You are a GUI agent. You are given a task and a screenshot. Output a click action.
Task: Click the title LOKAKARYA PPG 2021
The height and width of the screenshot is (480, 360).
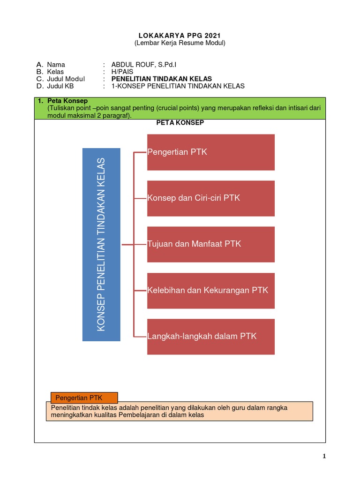180,36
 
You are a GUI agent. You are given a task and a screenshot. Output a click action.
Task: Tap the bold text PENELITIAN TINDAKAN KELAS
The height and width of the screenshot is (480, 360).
162,79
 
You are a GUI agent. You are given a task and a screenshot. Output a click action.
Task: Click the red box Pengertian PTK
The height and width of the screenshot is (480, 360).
210,152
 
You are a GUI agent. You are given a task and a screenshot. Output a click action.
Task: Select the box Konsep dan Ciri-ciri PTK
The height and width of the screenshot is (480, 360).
210,198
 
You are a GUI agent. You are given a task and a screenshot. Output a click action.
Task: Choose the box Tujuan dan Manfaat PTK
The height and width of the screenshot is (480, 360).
210,244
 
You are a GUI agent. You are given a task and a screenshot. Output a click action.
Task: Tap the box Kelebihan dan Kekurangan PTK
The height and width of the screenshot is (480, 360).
210,290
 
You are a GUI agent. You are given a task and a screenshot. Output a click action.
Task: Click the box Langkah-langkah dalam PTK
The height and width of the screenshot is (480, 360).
210,337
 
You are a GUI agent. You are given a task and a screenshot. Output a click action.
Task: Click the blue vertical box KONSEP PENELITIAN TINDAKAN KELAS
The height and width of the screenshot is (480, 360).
101,245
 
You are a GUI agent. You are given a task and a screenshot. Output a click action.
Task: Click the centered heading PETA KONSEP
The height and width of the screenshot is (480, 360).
180,123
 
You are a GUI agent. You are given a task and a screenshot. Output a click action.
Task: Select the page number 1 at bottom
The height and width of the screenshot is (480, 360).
324,457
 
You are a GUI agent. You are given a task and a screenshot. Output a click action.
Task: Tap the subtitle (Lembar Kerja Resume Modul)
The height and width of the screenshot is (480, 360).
180,43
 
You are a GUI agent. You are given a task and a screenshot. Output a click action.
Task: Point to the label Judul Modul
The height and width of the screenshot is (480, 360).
66,79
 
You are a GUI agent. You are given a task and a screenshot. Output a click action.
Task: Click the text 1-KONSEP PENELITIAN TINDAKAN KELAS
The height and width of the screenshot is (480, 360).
178,86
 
